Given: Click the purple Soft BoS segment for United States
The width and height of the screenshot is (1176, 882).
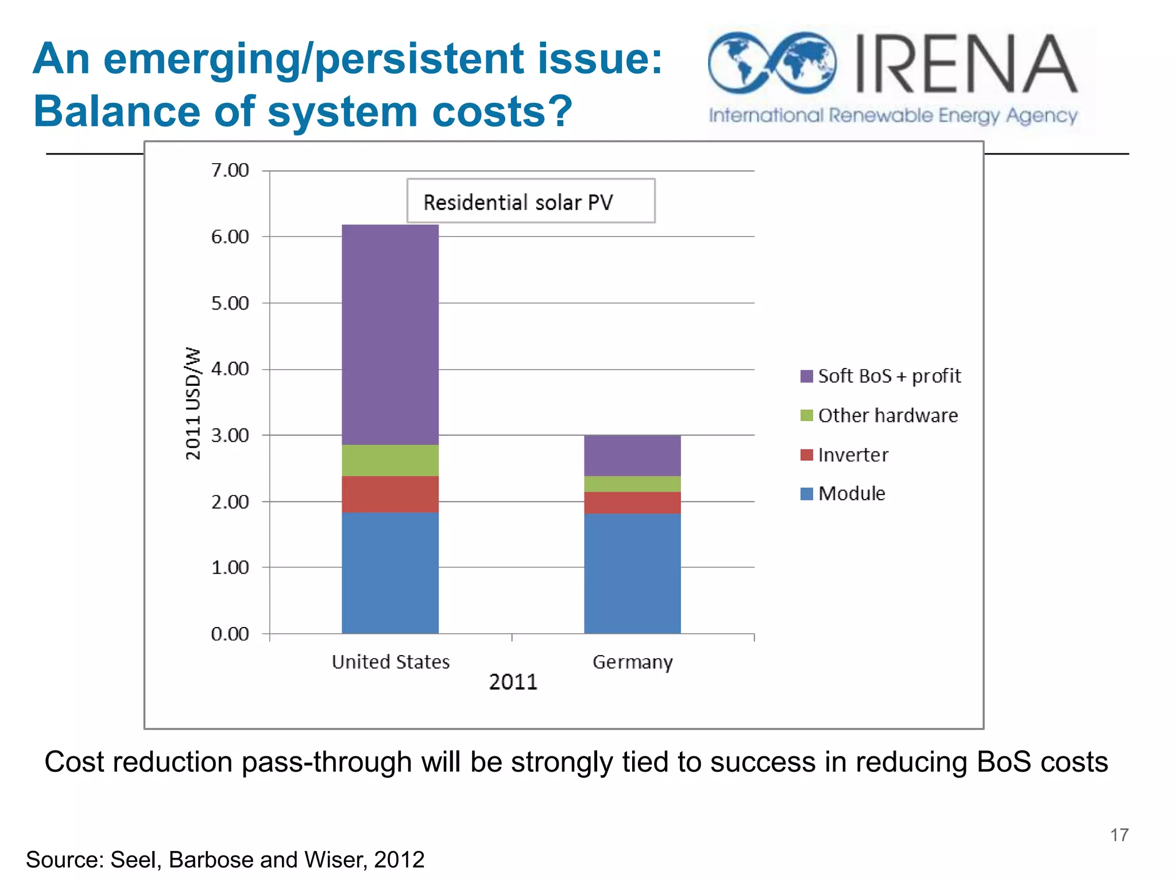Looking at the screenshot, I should (x=390, y=334).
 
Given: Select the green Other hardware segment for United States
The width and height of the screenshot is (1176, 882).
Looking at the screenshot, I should (x=390, y=460).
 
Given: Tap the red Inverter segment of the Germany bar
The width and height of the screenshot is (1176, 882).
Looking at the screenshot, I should (x=632, y=502).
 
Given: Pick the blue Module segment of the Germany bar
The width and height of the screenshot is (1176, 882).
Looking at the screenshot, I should (x=632, y=573).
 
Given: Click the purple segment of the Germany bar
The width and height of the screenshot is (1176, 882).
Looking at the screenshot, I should (x=632, y=455).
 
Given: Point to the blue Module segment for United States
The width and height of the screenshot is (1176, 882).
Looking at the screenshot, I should (x=390, y=572).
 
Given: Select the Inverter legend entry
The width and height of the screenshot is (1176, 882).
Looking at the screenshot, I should (x=852, y=455).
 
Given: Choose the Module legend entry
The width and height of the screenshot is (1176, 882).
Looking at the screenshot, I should (x=851, y=494).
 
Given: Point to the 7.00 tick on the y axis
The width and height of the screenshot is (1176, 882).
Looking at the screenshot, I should (x=230, y=171).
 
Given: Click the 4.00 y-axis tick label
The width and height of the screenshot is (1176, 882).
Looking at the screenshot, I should (x=230, y=369).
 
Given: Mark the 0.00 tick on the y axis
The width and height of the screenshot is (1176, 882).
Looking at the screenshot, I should (x=230, y=634).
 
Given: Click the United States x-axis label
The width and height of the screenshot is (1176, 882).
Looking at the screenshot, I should (x=390, y=662).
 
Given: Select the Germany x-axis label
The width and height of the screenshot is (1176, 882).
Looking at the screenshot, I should (x=632, y=662).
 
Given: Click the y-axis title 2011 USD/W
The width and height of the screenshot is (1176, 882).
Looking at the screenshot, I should (x=194, y=403).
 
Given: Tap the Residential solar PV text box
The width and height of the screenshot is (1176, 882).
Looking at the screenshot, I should (x=530, y=201).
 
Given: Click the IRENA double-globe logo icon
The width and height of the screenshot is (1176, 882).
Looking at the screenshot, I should (x=772, y=63).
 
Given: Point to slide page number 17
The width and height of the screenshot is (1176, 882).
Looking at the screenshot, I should (x=1119, y=834).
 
